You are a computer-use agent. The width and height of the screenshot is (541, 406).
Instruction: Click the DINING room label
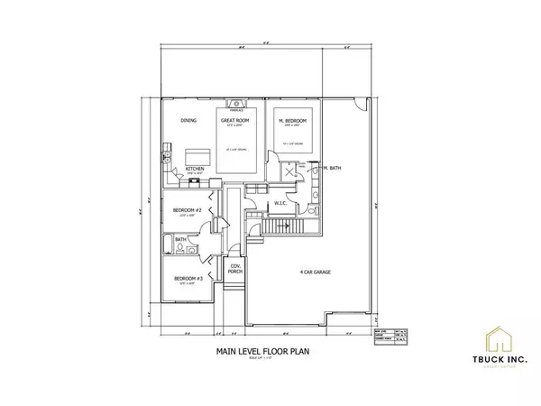pyautogui.click(x=188, y=120)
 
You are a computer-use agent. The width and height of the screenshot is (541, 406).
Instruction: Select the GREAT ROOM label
pyautogui.click(x=235, y=120)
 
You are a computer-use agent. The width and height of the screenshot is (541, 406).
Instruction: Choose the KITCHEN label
pyautogui.click(x=197, y=169)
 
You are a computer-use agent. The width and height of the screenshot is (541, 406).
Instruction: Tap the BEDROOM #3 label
pyautogui.click(x=187, y=280)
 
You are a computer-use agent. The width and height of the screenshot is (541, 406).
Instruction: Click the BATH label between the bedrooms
pyautogui.click(x=179, y=240)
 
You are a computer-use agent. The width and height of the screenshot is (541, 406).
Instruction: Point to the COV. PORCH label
pyautogui.click(x=234, y=269)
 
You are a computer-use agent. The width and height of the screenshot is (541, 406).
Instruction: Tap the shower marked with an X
pyautogui.click(x=289, y=171)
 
